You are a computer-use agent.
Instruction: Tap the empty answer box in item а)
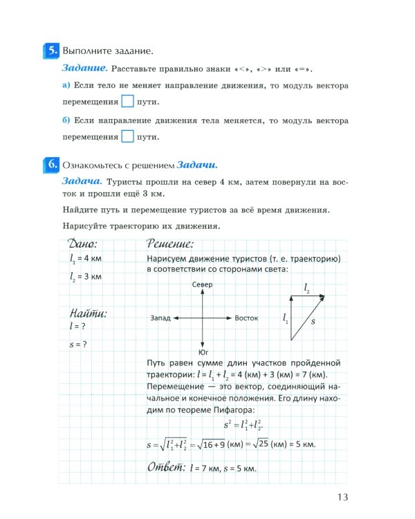pyautogui.click(x=127, y=102)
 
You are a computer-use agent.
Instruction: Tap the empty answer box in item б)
pyautogui.click(x=127, y=136)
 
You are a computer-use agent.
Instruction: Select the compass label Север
pyautogui.click(x=202, y=285)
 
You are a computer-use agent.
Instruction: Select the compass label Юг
pyautogui.click(x=203, y=352)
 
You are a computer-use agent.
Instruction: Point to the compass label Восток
pyautogui.click(x=246, y=318)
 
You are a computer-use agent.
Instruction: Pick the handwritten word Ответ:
pyautogui.click(x=166, y=467)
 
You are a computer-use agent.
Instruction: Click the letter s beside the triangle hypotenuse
pyautogui.click(x=313, y=321)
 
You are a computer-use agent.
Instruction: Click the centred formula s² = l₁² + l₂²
pyautogui.click(x=243, y=424)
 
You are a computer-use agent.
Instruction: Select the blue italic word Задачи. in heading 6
pyautogui.click(x=197, y=166)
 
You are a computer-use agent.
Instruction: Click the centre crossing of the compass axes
pyautogui.click(x=202, y=318)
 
